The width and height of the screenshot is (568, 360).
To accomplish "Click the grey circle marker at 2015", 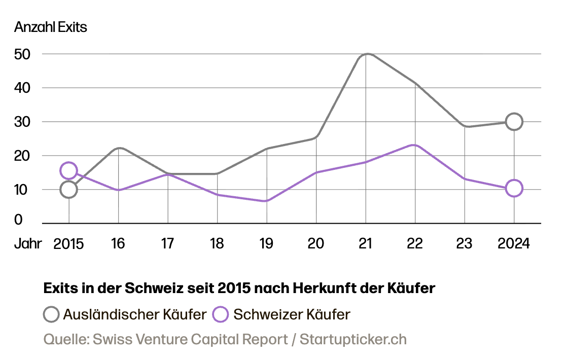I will point(68,190).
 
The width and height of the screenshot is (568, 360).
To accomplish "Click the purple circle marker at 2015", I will point(68,170).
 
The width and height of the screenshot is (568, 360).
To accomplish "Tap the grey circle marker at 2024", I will point(514,122).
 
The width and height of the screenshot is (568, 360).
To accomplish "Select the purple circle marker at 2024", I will point(514,188).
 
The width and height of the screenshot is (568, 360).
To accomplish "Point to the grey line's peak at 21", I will point(366,54).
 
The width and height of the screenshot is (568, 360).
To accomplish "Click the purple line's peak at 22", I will point(415,146).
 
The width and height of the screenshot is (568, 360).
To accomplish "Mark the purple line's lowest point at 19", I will point(267,201).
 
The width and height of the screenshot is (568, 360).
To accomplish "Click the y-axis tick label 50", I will point(22,54).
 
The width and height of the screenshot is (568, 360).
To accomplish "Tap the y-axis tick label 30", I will point(22,122).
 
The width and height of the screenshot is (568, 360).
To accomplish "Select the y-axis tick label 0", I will point(18,220).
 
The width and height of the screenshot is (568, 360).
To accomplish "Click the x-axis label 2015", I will point(68,244).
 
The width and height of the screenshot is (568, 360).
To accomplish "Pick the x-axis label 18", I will point(217,244).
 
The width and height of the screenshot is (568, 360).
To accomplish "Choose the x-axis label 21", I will point(366,244).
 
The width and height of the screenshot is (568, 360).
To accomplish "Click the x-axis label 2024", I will point(514,244).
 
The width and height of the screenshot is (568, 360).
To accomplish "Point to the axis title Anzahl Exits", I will point(51,27).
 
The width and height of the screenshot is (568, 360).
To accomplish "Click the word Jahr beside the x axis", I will point(28,244).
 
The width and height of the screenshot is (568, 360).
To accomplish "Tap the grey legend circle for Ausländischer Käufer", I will point(51,314).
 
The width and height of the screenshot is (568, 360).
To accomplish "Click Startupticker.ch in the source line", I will point(353,339).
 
